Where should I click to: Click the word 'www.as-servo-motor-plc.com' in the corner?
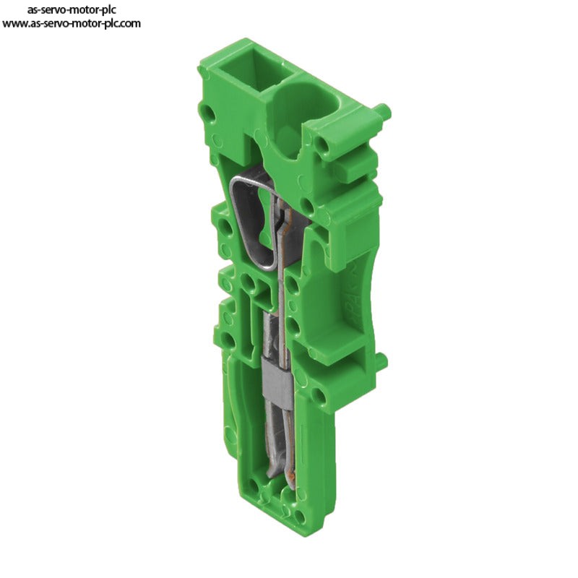tap(71, 24)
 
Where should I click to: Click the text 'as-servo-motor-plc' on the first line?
tap(72, 9)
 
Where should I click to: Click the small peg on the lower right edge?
tap(381, 359)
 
